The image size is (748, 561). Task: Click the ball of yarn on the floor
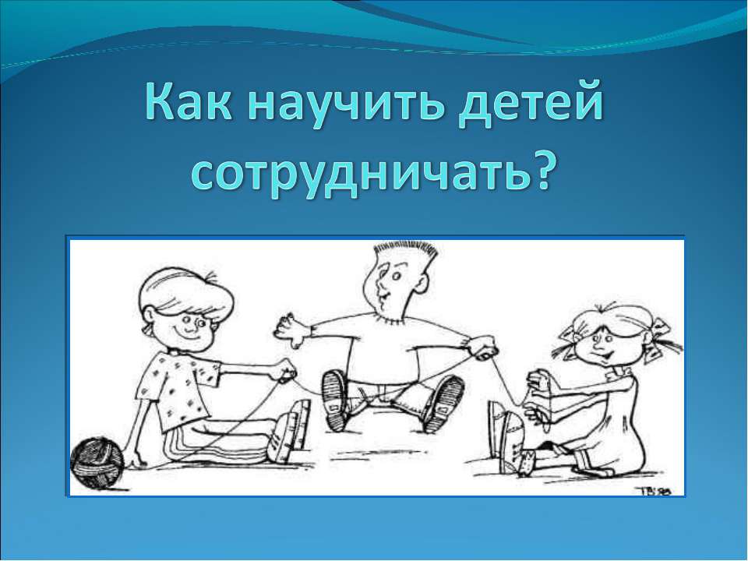[x=96, y=463]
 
